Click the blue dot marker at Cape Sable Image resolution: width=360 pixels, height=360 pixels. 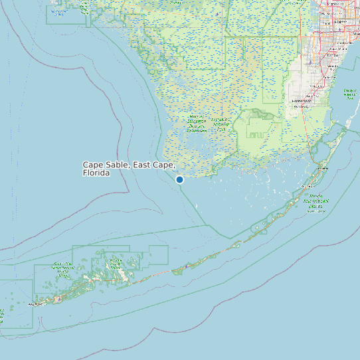pyautogui.click(x=179, y=179)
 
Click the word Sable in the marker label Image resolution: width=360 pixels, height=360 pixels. pyautogui.click(x=117, y=165)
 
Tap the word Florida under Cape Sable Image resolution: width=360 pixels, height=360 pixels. pyautogui.click(x=96, y=173)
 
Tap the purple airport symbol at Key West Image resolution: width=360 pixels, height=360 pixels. pyautogui.click(x=58, y=300)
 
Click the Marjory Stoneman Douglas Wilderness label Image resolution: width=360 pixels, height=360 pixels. pyautogui.click(x=197, y=123)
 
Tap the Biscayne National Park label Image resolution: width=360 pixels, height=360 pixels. pyautogui.click(x=349, y=92)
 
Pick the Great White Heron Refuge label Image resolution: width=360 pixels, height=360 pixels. pyautogui.click(x=64, y=269)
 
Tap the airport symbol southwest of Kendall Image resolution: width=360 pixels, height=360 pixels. pyautogui.click(x=310, y=62)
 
